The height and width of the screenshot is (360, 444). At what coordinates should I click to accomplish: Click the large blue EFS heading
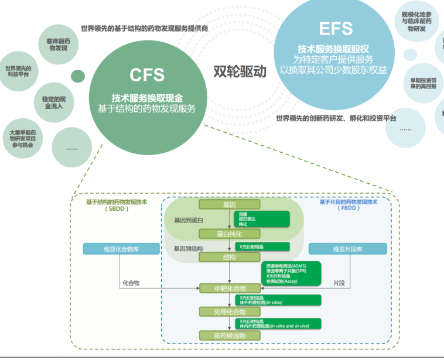pyautogui.click(x=336, y=28)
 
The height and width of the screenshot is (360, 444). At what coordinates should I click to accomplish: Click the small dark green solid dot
pyautogui.click(x=77, y=76)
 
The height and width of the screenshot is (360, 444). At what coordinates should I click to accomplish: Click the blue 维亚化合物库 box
pyautogui.click(x=121, y=249)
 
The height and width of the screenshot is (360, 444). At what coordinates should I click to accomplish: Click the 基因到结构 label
pyautogui.click(x=188, y=249)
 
